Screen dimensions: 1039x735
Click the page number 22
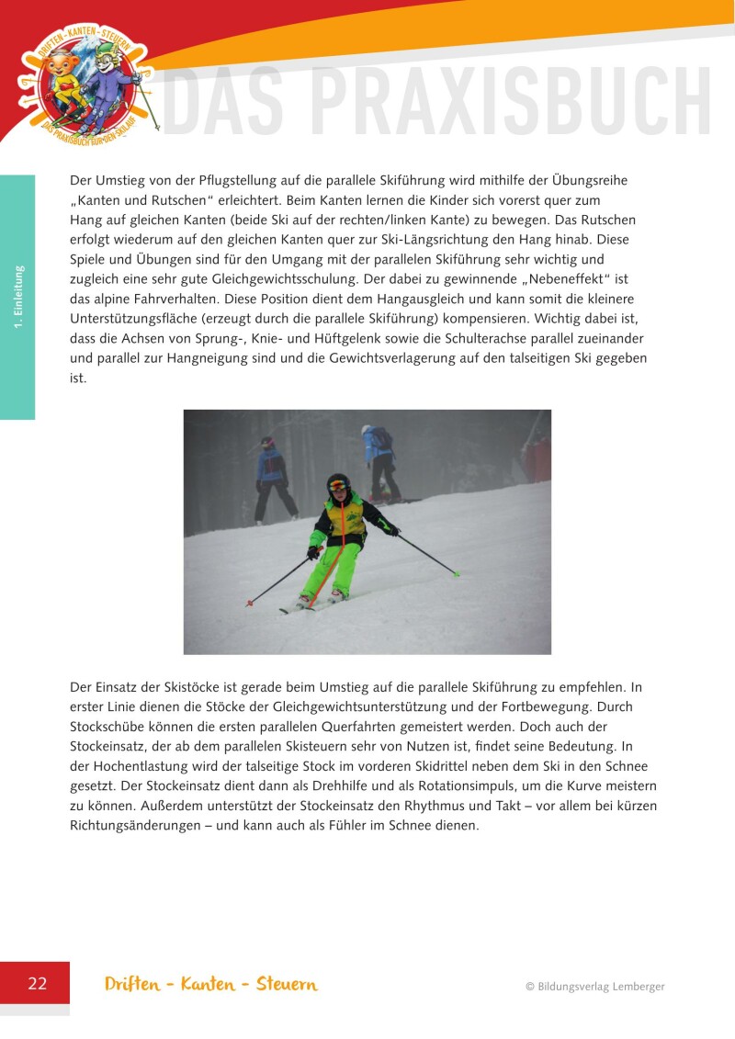(x=37, y=984)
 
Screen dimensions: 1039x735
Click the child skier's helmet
(x=338, y=483)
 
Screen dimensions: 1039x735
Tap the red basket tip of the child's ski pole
(x=250, y=604)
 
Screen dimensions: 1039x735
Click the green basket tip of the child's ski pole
(x=457, y=574)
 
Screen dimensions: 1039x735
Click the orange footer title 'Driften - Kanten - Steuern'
(x=211, y=985)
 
